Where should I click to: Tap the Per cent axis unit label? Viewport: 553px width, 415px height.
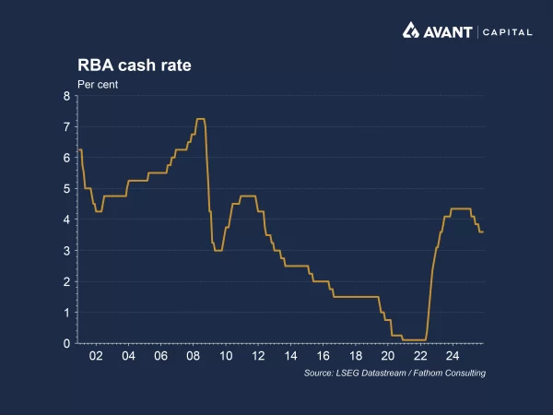click(x=97, y=84)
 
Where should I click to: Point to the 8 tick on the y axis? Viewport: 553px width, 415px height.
click(x=66, y=96)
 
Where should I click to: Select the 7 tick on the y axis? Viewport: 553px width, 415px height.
click(x=66, y=127)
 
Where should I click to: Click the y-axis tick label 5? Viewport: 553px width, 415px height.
click(x=66, y=189)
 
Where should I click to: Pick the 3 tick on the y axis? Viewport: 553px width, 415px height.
click(x=66, y=251)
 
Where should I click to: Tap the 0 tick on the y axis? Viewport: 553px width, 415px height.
click(x=66, y=343)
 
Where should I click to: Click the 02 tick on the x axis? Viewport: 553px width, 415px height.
click(x=96, y=356)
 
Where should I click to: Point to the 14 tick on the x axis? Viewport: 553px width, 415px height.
click(x=290, y=356)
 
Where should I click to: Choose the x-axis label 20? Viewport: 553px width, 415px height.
click(x=388, y=356)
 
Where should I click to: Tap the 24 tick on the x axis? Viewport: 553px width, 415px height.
click(x=453, y=356)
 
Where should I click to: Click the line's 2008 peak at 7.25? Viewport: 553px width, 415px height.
click(x=199, y=119)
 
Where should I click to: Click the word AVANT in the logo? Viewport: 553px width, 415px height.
click(x=448, y=31)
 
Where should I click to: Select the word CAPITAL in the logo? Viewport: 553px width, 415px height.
click(x=507, y=32)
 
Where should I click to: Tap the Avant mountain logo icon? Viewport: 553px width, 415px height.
click(x=412, y=31)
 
